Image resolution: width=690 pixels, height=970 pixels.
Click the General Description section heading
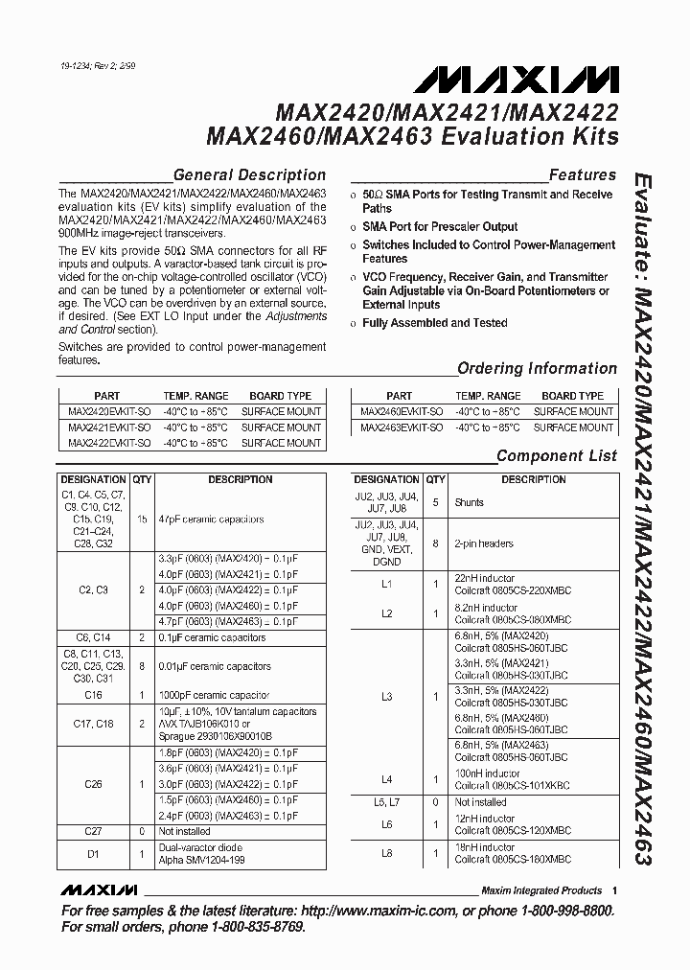pos(249,175)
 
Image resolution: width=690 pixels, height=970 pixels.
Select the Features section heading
pos(582,175)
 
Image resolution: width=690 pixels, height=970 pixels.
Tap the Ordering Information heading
pos(537,368)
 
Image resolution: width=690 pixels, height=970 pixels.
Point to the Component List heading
pos(556,456)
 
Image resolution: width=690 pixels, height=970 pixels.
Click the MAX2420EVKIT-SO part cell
pos(107,411)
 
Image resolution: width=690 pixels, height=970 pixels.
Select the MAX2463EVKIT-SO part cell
pos(401,427)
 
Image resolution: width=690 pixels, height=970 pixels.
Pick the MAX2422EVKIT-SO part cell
pos(107,443)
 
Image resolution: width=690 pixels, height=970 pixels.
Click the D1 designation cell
pos(93,853)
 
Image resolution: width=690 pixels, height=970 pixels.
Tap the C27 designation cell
pos(93,831)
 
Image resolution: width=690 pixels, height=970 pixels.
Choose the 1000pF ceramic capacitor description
pos(215,695)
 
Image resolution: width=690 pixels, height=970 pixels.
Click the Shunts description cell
pos(470,502)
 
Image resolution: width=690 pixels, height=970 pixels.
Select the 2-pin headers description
pos(484,543)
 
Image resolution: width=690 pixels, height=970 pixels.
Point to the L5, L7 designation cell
pos(386,801)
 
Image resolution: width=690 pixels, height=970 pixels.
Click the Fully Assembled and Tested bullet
pos(435,323)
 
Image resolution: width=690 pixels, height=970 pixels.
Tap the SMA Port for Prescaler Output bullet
pos(440,227)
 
